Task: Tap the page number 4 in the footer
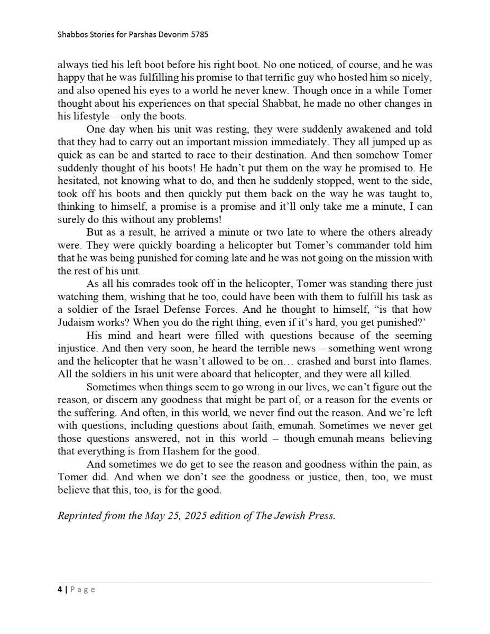[x=60, y=590]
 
